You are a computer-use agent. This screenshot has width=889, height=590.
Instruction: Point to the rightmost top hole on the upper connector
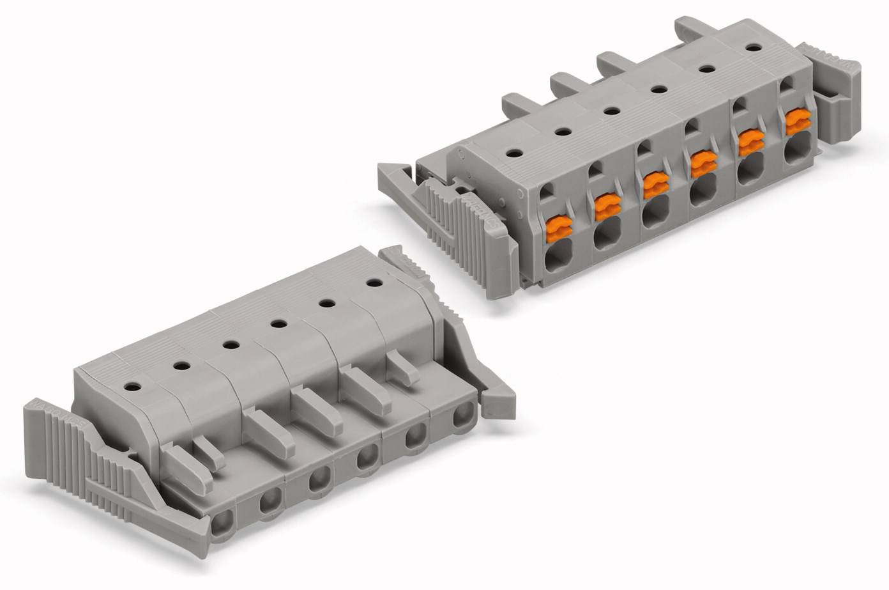pyautogui.click(x=754, y=47)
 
